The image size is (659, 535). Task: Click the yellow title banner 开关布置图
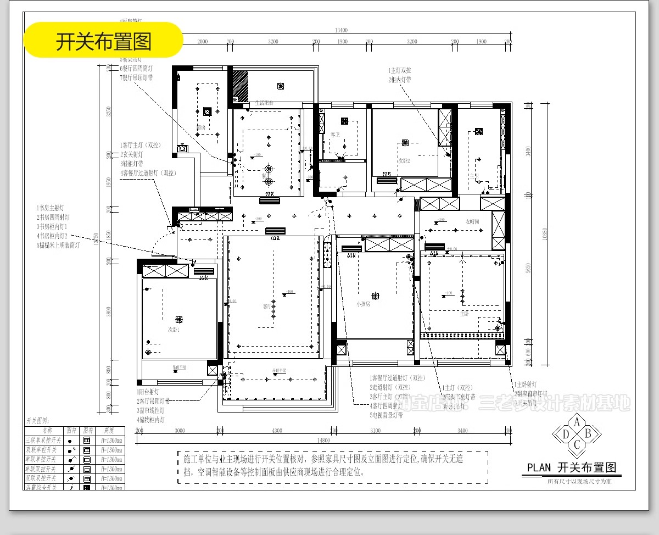103,40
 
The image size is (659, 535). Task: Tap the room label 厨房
201,128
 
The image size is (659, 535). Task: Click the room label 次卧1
174,330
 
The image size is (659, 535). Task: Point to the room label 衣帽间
473,222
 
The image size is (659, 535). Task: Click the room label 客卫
335,135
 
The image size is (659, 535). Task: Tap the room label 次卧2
404,161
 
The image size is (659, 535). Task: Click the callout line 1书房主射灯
51,208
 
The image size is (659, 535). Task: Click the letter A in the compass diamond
577,422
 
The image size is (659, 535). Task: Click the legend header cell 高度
108,431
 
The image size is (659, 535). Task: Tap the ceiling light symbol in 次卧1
178,319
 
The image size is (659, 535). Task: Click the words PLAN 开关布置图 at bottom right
571,468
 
